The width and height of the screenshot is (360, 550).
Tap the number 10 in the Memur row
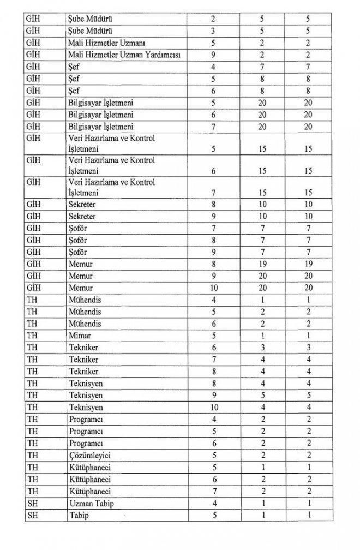point(212,288)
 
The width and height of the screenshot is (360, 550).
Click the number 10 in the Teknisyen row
point(212,407)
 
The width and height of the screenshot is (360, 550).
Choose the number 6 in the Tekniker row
point(212,348)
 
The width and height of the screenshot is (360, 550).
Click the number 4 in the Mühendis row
point(212,300)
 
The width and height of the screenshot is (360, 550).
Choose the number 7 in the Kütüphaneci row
point(212,491)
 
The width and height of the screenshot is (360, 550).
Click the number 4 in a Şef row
point(212,66)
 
